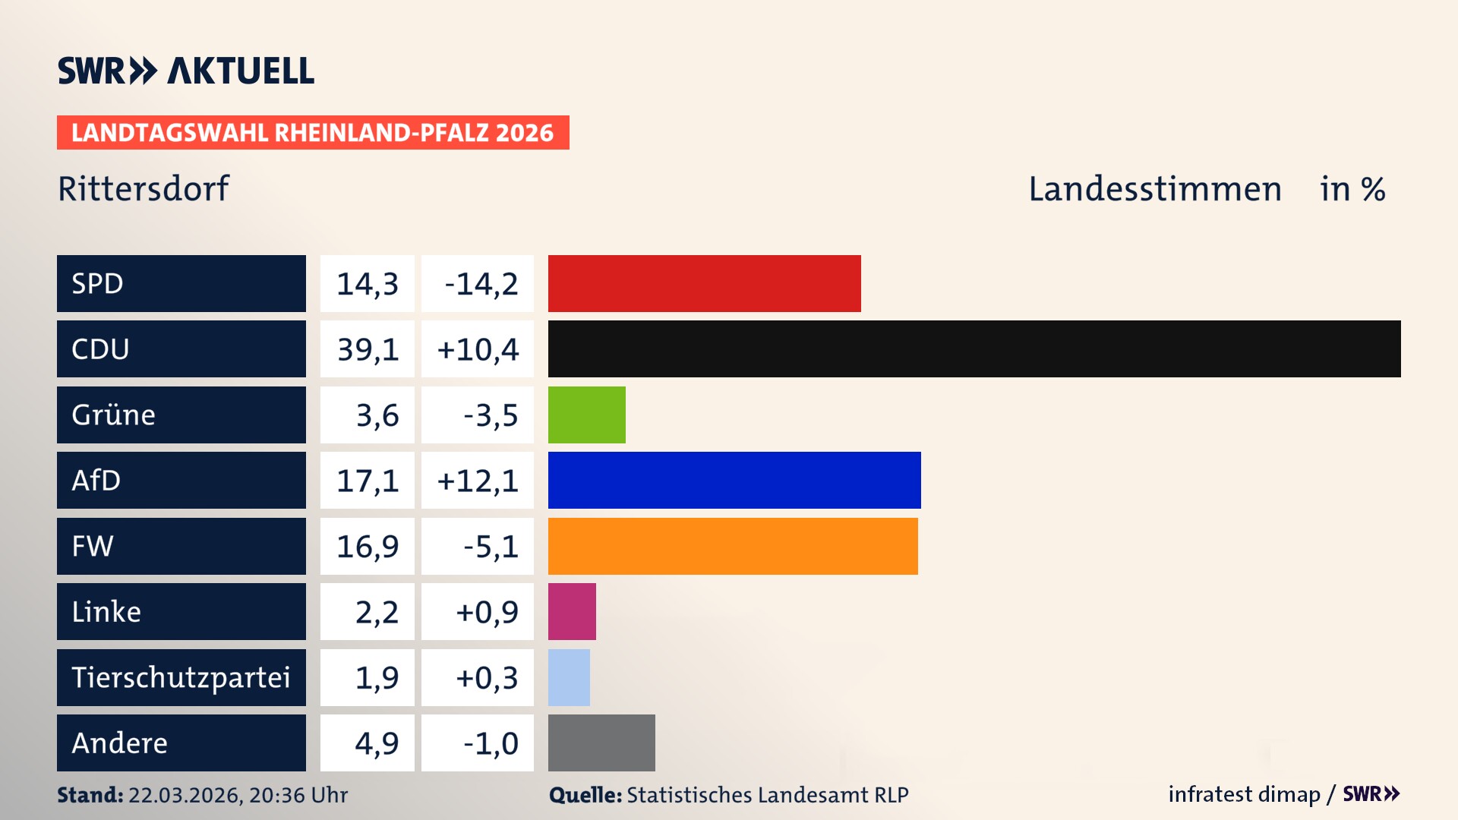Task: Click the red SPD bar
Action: pos(704,283)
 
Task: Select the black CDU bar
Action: pos(974,348)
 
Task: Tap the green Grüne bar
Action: pos(586,415)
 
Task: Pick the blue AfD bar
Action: pos(734,480)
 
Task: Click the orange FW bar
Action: pos(732,546)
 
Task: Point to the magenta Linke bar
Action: pos(572,611)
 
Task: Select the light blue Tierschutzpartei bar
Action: pos(569,677)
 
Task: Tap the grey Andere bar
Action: pos(601,743)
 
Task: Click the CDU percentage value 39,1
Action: pos(368,349)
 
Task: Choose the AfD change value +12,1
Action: pos(478,481)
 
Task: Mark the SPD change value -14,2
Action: pos(481,284)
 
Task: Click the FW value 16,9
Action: pos(368,547)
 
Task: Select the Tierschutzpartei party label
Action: pos(181,677)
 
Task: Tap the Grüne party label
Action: pos(113,415)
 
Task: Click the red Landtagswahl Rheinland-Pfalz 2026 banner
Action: pos(312,133)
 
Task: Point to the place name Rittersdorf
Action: pos(144,189)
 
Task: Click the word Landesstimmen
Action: pos(1154,189)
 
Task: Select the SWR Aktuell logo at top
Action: pos(186,71)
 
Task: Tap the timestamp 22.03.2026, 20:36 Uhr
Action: pos(238,795)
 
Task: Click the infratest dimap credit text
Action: pos(1244,794)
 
